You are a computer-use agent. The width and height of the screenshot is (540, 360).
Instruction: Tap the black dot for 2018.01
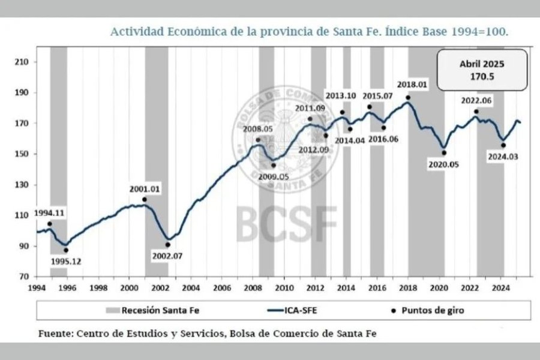click(408, 98)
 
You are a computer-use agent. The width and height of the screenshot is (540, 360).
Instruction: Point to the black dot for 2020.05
click(444, 153)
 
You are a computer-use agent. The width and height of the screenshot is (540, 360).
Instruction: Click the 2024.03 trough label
click(503, 157)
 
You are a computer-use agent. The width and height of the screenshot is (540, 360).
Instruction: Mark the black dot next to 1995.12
click(66, 250)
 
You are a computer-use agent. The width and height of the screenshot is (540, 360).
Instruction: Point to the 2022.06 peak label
click(474, 101)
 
